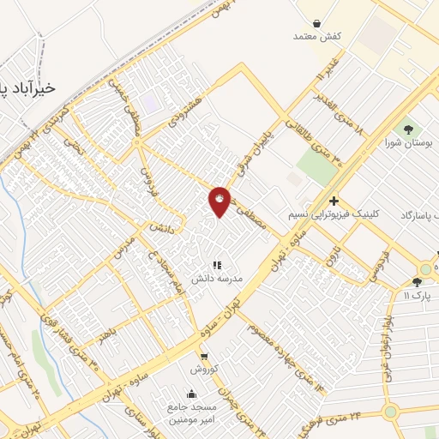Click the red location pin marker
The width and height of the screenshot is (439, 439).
(220, 201)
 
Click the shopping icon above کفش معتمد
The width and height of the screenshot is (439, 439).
(318, 23)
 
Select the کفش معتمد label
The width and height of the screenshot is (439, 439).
(317, 36)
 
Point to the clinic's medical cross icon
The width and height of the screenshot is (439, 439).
(334, 200)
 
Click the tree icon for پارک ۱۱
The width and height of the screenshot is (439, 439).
(417, 281)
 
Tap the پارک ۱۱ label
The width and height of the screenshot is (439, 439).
(418, 295)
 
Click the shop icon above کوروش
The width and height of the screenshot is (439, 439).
(204, 356)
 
